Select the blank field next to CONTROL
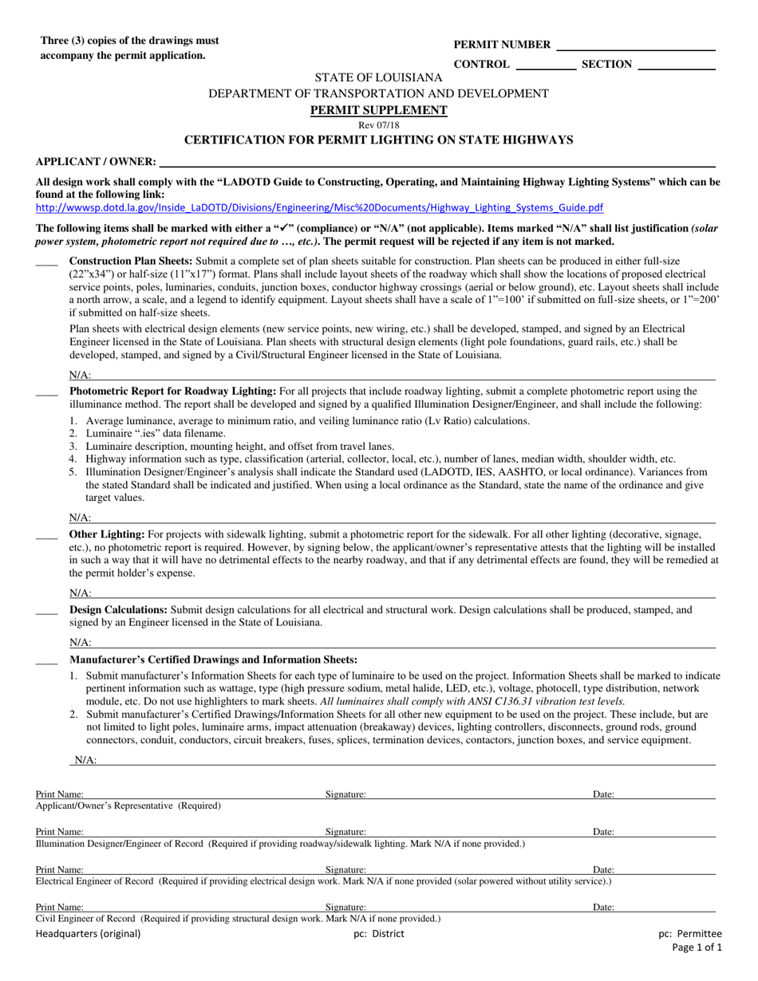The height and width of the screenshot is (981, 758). (546, 65)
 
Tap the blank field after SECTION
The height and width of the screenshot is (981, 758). (677, 65)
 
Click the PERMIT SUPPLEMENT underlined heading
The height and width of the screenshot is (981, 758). (379, 110)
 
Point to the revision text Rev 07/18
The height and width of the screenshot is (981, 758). (379, 125)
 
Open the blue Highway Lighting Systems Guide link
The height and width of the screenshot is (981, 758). (319, 208)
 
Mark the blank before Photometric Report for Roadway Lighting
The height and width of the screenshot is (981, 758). (47, 392)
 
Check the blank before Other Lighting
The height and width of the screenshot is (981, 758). (47, 535)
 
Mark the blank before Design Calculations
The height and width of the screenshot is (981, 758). (47, 611)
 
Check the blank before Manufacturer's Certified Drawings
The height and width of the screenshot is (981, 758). (47, 661)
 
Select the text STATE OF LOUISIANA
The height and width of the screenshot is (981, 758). (379, 77)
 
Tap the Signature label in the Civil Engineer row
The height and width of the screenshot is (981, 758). (345, 907)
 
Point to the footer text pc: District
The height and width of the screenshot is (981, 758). (379, 933)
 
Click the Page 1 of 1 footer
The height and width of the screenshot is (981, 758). (697, 948)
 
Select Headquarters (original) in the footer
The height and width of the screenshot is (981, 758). (88, 933)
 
